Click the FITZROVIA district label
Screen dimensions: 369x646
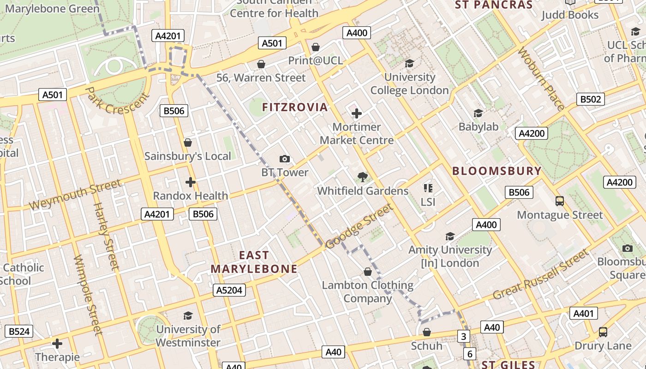pyautogui.click(x=295, y=107)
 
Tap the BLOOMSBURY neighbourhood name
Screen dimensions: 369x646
pyautogui.click(x=496, y=171)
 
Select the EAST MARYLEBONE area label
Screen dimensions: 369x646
pyautogui.click(x=254, y=262)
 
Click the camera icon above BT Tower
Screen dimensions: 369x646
pyautogui.click(x=285, y=159)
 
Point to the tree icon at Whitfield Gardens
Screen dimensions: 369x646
pyautogui.click(x=363, y=177)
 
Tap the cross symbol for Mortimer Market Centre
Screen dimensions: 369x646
pyautogui.click(x=356, y=113)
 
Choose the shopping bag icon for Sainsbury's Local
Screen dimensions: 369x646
pyautogui.click(x=187, y=143)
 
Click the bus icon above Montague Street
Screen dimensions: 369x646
pyautogui.click(x=559, y=201)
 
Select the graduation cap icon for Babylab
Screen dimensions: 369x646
pyautogui.click(x=478, y=113)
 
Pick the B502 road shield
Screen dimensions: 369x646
pyautogui.click(x=591, y=99)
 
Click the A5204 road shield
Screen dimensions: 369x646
pyautogui.click(x=229, y=290)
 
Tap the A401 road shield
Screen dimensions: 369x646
pyautogui.click(x=583, y=314)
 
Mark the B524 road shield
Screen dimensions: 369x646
pyautogui.click(x=19, y=331)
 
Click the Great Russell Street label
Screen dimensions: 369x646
pyautogui.click(x=541, y=274)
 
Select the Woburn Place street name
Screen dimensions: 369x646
pyautogui.click(x=541, y=79)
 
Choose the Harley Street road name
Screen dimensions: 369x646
pyautogui.click(x=106, y=236)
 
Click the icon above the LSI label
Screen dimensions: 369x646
pyautogui.click(x=428, y=188)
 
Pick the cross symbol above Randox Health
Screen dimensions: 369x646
pyautogui.click(x=190, y=182)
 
